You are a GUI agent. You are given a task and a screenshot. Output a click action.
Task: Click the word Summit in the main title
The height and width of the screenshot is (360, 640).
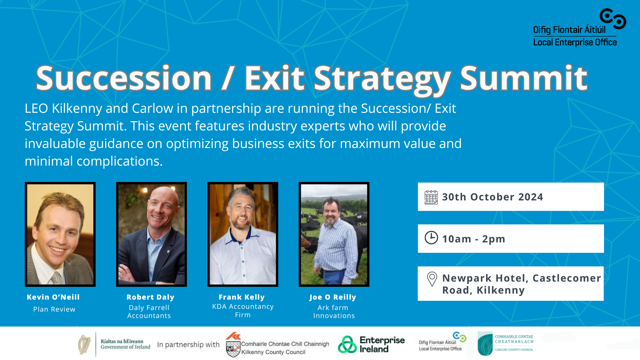[x=524, y=78]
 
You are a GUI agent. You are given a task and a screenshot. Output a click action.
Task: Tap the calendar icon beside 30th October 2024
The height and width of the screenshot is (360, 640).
[x=431, y=197]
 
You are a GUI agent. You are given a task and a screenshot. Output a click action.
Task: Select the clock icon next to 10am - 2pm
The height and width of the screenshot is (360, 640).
[x=431, y=238]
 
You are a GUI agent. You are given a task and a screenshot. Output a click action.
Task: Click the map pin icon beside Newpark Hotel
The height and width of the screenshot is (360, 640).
[x=432, y=279]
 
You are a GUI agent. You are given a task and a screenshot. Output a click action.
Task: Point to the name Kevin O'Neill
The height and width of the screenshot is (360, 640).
[x=53, y=297]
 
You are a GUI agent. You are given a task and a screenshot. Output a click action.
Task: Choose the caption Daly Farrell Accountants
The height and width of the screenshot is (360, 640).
[x=149, y=312]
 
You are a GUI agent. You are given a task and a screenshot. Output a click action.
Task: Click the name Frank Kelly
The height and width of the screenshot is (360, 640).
[x=242, y=297]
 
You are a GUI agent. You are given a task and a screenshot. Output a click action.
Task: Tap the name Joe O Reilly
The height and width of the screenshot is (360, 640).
[x=333, y=297]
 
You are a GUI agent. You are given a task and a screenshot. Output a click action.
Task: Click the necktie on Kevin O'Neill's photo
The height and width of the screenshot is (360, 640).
[x=56, y=278]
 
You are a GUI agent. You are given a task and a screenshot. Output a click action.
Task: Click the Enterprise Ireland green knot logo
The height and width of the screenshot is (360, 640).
[x=347, y=344]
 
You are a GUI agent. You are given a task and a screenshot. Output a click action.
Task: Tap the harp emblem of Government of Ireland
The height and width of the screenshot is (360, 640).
[x=84, y=344]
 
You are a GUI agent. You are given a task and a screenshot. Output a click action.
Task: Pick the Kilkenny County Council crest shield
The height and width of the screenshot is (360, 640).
[x=233, y=349]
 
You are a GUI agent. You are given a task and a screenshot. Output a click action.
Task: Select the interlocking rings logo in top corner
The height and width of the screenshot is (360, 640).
[x=613, y=19]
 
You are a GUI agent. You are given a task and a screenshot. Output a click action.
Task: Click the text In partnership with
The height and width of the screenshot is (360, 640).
[x=188, y=345]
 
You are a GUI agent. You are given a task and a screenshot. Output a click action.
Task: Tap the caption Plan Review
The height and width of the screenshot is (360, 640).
[x=54, y=310]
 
